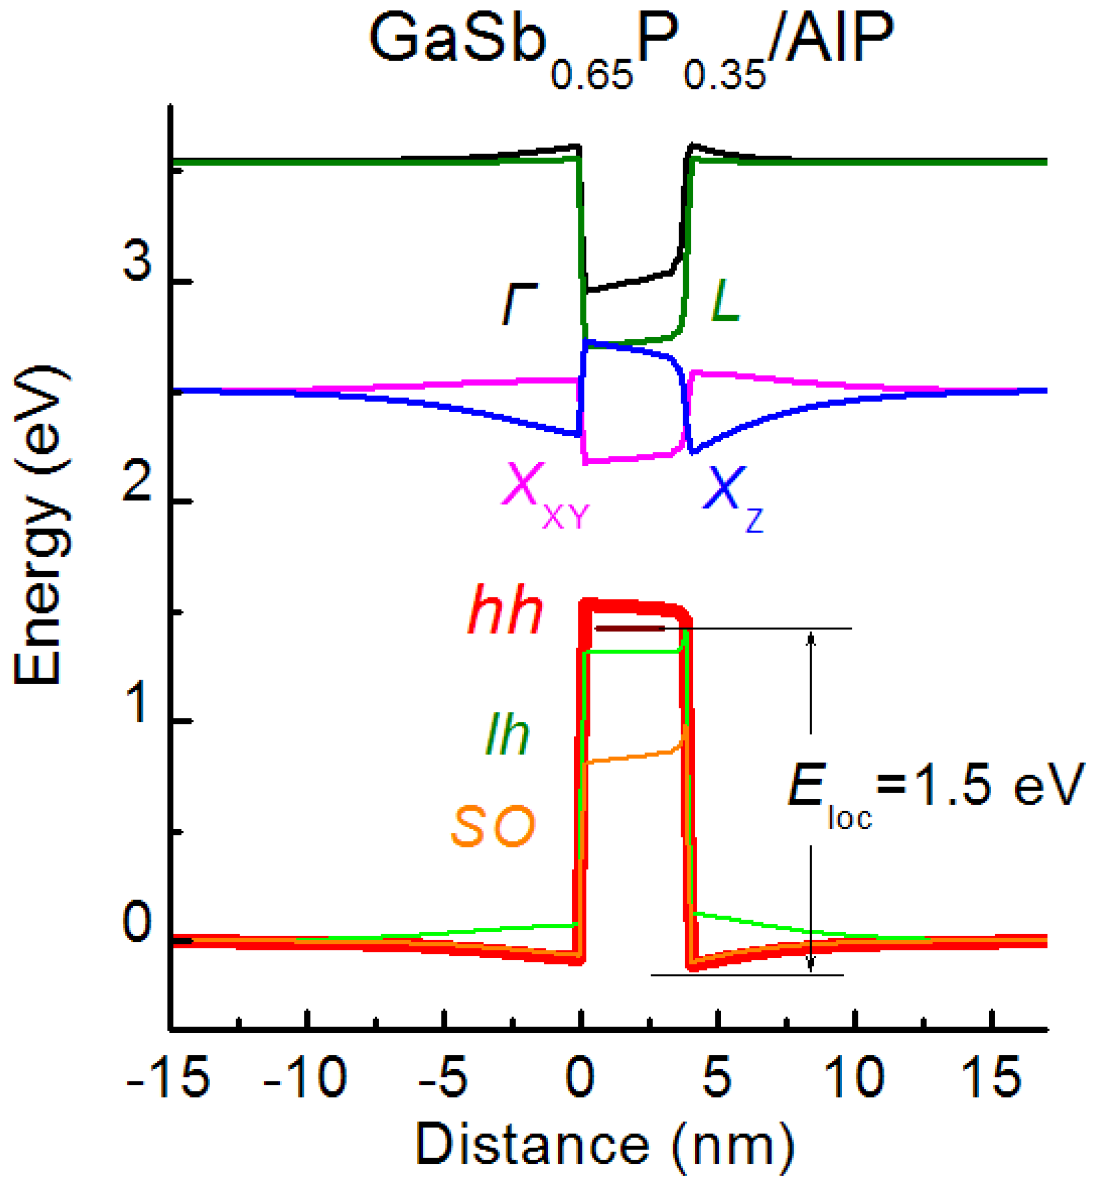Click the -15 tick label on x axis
click(x=169, y=1077)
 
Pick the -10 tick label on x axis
click(x=305, y=1077)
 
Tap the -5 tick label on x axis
click(x=443, y=1077)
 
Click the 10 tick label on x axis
click(x=855, y=1077)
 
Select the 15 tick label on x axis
click(x=992, y=1077)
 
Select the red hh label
click(x=505, y=612)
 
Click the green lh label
click(x=507, y=735)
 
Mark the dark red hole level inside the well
click(x=630, y=628)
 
